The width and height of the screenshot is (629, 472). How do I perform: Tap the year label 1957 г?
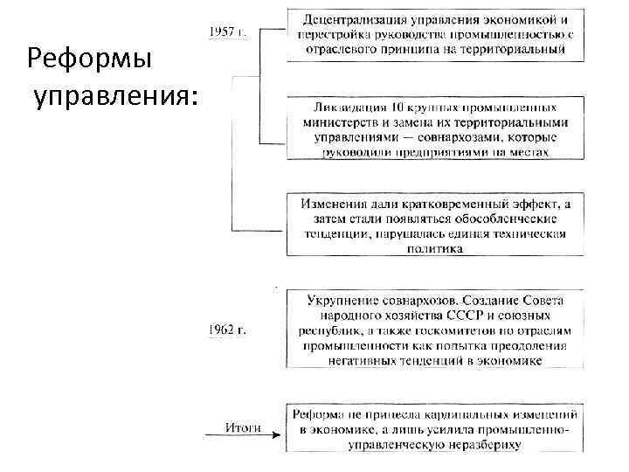pyautogui.click(x=227, y=32)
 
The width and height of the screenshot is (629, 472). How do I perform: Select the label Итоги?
pyautogui.click(x=244, y=427)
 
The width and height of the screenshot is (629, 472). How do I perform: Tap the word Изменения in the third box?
pyautogui.click(x=331, y=204)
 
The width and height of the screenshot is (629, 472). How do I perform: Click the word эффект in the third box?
pyautogui.click(x=533, y=204)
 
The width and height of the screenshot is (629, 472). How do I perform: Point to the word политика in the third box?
pyautogui.click(x=433, y=248)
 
